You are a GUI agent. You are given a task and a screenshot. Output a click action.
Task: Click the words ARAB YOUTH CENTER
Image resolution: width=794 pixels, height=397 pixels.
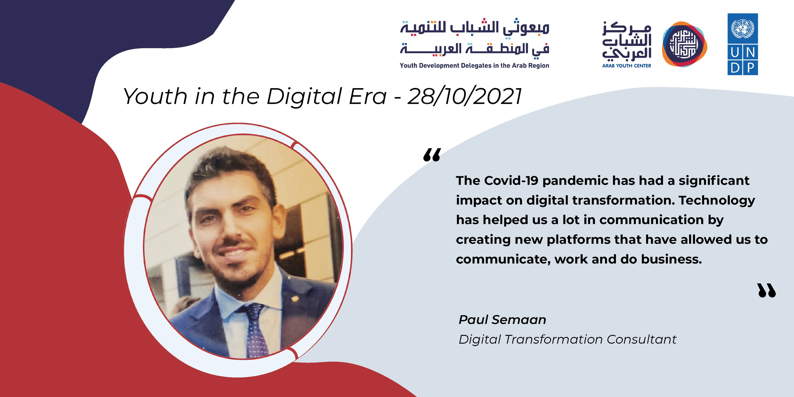pyautogui.click(x=627, y=66)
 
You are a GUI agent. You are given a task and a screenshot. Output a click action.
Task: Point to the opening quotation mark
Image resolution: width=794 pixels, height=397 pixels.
pyautogui.click(x=432, y=155)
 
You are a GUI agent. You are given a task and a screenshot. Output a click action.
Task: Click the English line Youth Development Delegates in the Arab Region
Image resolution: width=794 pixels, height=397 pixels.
pyautogui.click(x=474, y=66)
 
